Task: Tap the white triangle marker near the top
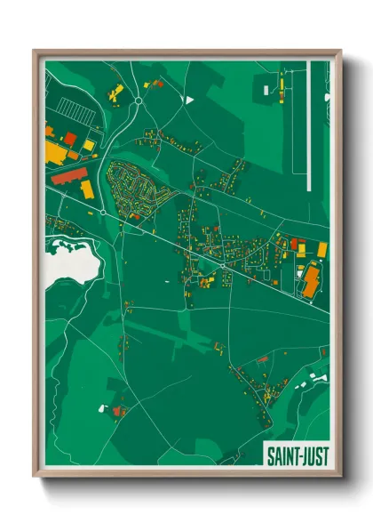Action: (188, 101)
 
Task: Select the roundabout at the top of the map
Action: (139, 101)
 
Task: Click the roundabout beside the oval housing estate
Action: (104, 213)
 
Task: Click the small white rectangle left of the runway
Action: (269, 89)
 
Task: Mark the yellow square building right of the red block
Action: (87, 190)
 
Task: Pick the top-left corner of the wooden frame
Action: (35, 50)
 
